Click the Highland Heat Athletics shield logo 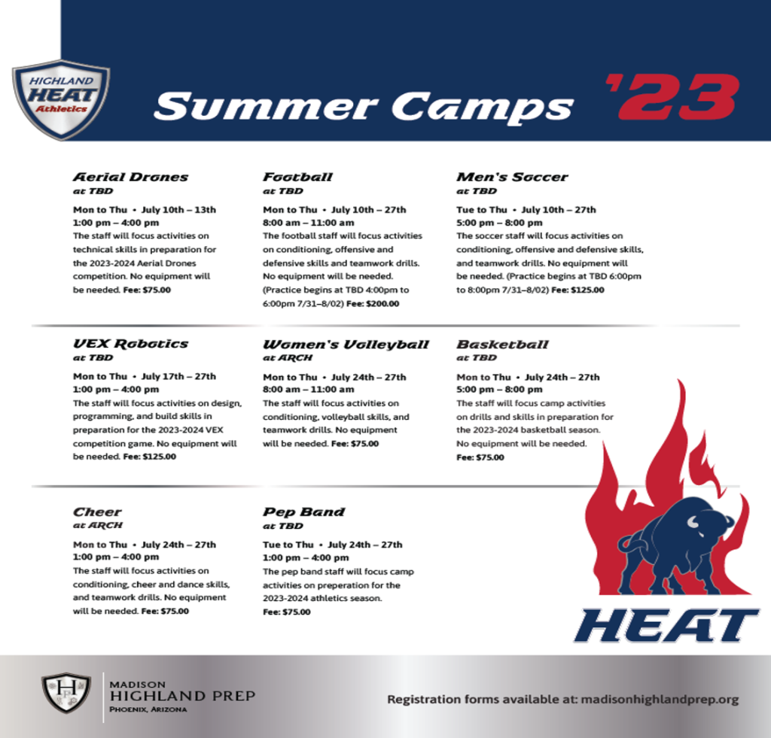tap(61, 99)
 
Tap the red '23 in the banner tap(672, 97)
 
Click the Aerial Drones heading tap(130, 177)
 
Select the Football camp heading tap(297, 177)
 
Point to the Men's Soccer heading tap(512, 177)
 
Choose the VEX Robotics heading tap(130, 344)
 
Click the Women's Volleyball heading tap(346, 345)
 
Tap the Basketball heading tap(502, 345)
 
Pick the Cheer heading tap(97, 512)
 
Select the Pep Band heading tap(304, 512)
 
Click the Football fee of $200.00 tap(373, 304)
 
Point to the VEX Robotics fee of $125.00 tap(150, 457)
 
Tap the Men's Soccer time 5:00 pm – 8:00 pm tap(500, 223)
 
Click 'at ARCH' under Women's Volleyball tap(288, 357)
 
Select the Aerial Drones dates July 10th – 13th tap(178, 210)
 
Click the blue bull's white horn tap(693, 522)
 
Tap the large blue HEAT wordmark tap(666, 625)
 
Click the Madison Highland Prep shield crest tap(66, 693)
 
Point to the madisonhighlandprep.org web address tap(660, 699)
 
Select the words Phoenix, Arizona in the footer tap(148, 709)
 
